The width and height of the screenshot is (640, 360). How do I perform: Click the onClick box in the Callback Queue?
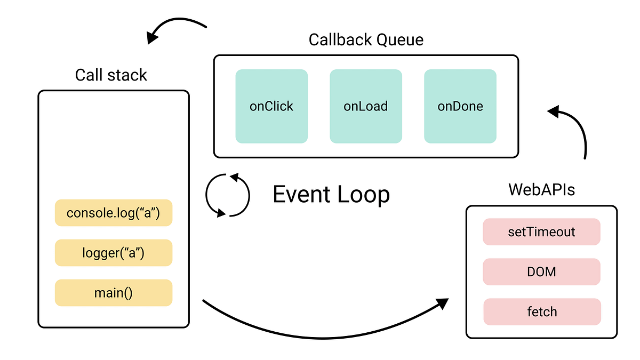[x=271, y=106]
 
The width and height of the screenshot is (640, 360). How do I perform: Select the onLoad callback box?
[x=365, y=106]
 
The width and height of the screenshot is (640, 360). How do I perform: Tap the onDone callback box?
[x=460, y=106]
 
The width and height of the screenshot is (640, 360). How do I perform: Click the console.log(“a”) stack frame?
[x=114, y=213]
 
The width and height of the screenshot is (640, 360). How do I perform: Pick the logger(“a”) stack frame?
[x=114, y=253]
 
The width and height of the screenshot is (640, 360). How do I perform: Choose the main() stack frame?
[x=114, y=293]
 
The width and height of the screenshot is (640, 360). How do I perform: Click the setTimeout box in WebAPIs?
[x=541, y=232]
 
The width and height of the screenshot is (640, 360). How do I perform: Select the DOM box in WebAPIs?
[x=541, y=272]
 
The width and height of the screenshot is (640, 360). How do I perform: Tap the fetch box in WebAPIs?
[x=542, y=312]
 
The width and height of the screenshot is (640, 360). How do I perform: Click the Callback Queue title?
[x=366, y=40]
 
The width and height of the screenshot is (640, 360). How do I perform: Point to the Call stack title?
[x=111, y=75]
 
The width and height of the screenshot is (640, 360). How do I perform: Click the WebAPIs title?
[x=541, y=189]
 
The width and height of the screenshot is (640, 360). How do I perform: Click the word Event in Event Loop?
[x=300, y=195]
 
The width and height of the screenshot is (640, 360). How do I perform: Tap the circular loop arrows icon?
[x=228, y=195]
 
